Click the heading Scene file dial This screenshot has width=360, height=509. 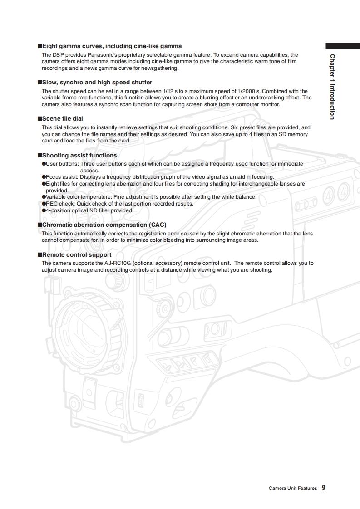click(62, 119)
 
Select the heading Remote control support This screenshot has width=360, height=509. click(76, 255)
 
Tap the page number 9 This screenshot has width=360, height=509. click(324, 488)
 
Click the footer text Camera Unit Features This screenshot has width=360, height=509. click(292, 489)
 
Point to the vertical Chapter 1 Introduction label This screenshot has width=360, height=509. click(333, 87)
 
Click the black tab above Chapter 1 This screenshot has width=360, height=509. click(342, 46)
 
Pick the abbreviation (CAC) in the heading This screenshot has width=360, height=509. click(158, 225)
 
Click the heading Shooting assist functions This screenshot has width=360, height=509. click(79, 155)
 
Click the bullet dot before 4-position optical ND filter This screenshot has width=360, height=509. click(44, 210)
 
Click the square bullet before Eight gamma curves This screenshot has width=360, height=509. click(39, 46)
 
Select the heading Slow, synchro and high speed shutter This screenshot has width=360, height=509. click(97, 82)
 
